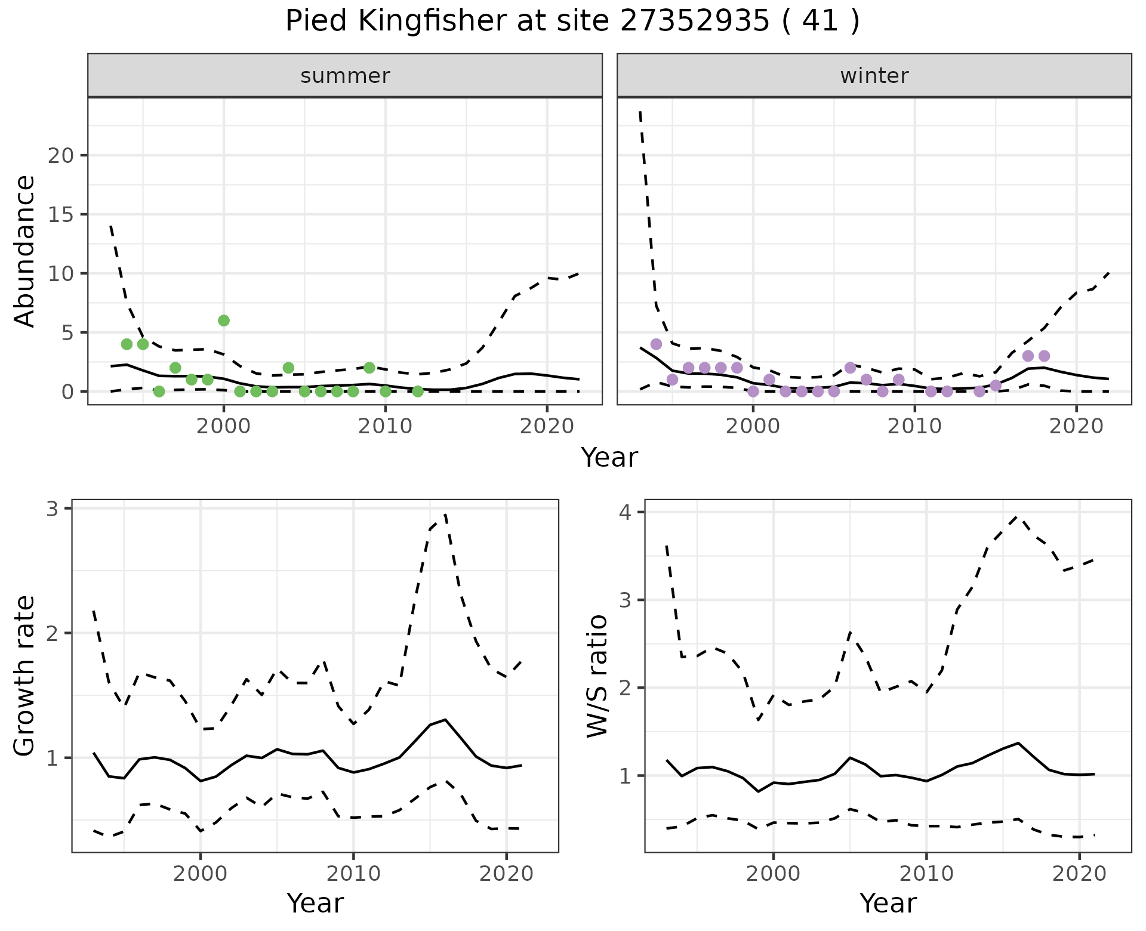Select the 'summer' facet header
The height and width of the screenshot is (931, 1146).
pos(345,76)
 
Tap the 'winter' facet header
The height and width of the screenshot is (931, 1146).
pos(874,76)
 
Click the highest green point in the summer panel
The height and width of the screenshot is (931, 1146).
pos(224,320)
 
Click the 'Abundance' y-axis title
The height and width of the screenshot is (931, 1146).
pos(25,251)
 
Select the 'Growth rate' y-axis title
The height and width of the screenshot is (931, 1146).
pos(25,676)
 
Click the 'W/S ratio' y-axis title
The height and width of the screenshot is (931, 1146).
pos(597,676)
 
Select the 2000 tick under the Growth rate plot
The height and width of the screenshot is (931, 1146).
pos(201,874)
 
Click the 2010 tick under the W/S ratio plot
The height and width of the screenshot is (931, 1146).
pos(926,874)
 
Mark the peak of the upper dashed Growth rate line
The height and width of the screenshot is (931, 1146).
pos(446,514)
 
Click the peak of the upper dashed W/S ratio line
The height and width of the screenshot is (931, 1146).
pos(1018,517)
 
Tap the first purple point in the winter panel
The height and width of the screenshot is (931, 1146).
pos(656,344)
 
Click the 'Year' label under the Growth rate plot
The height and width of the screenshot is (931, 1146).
pos(315,904)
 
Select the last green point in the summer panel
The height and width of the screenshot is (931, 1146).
pos(418,391)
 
